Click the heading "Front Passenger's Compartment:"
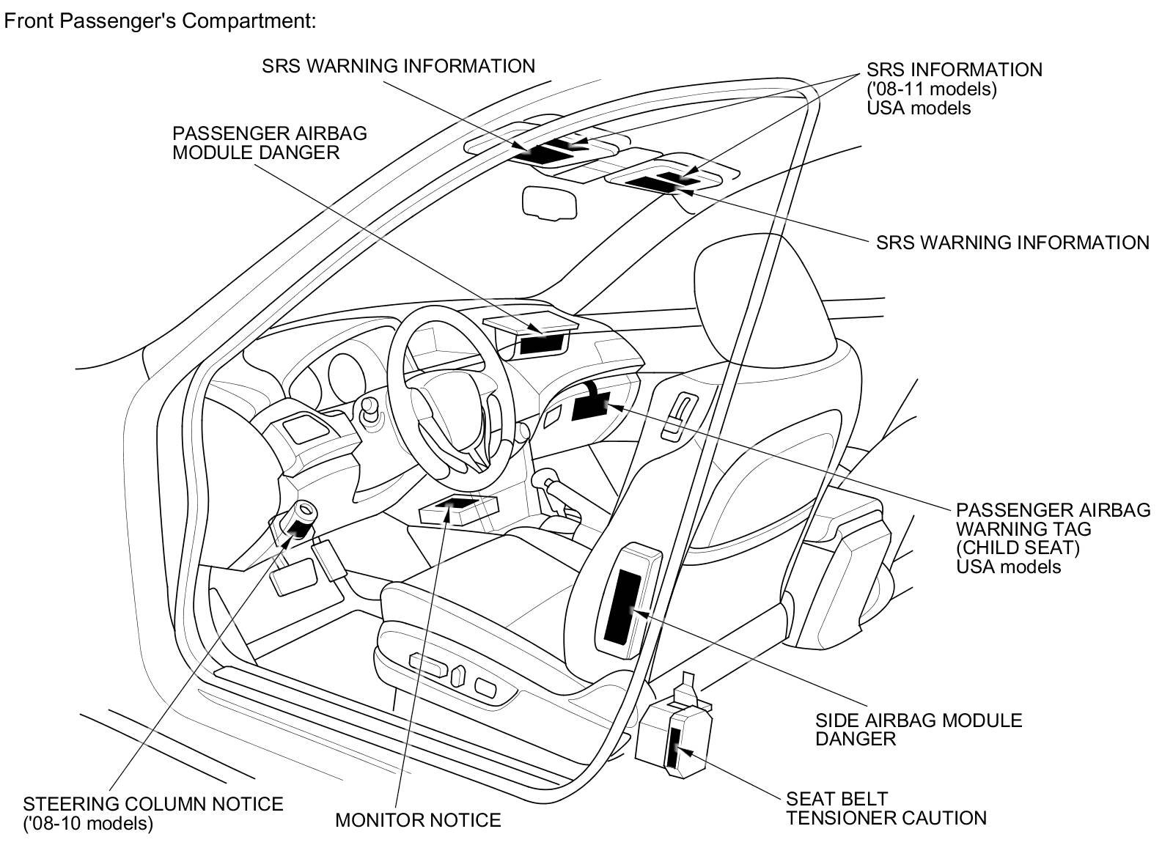click(x=161, y=21)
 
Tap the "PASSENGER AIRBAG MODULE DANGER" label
click(x=269, y=143)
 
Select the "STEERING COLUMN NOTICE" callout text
click(x=153, y=803)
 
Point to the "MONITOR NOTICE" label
click(x=418, y=819)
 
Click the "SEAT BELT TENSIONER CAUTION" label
click(x=886, y=808)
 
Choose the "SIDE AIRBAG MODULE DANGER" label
click(x=918, y=729)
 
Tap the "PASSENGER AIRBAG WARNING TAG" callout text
click(x=1053, y=519)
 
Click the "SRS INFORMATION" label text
click(x=954, y=70)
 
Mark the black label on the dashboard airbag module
click(x=543, y=343)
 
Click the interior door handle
click(x=678, y=416)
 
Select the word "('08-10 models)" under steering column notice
click(x=89, y=823)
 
